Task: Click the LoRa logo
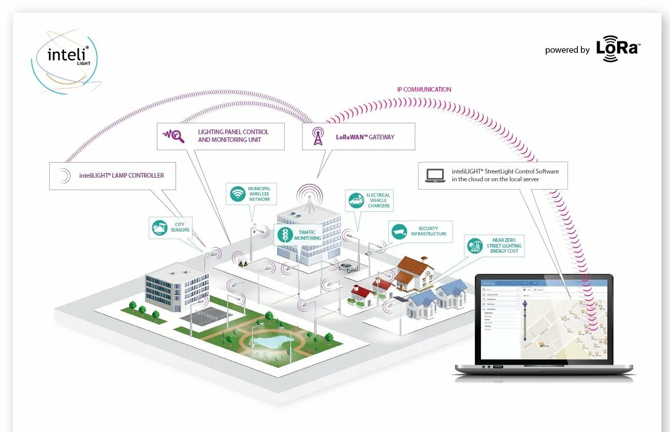point(618,49)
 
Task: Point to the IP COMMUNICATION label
point(424,90)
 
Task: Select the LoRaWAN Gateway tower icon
point(318,136)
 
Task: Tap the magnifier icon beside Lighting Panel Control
point(174,136)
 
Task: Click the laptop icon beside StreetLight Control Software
point(435,175)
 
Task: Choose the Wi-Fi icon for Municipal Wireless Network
point(238,194)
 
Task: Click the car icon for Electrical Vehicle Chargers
point(356,200)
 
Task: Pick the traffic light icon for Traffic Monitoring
point(285,235)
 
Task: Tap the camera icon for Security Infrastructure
point(398,232)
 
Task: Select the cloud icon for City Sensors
point(159,227)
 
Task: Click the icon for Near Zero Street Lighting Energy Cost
point(475,245)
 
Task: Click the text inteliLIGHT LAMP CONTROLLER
point(122,176)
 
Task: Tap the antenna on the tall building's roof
point(310,199)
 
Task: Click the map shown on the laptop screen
point(565,326)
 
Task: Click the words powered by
point(567,50)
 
